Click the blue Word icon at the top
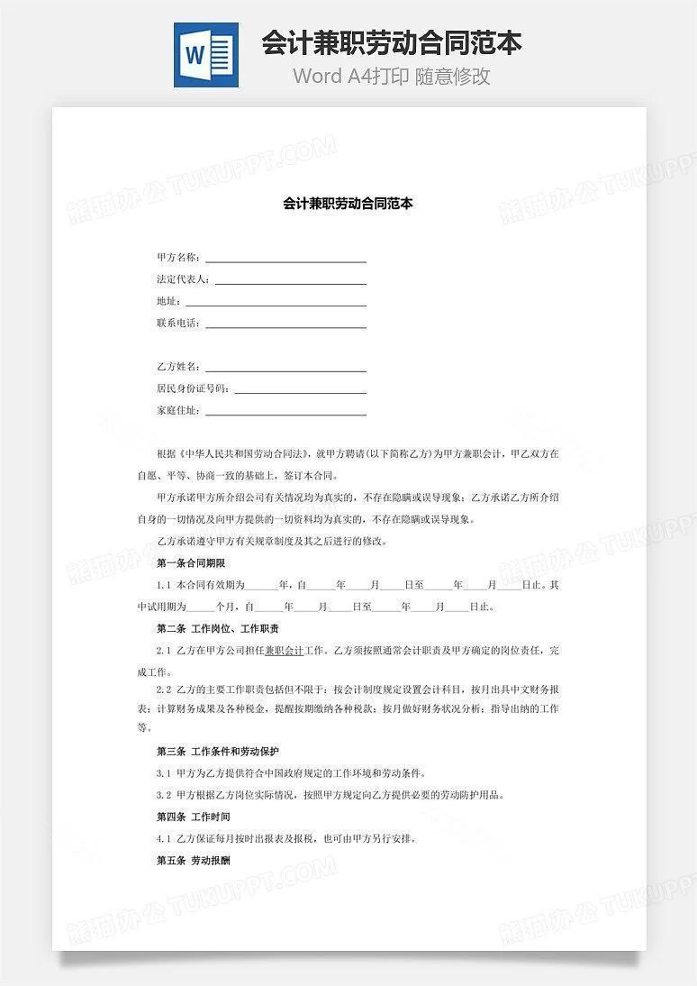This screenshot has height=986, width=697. pyautogui.click(x=206, y=55)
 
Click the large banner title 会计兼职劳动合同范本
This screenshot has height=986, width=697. pyautogui.click(x=392, y=42)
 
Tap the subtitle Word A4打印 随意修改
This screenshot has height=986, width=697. pyautogui.click(x=392, y=76)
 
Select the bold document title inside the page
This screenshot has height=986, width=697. pyautogui.click(x=348, y=205)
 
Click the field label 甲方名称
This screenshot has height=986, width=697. pyautogui.click(x=177, y=258)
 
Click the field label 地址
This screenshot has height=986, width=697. pyautogui.click(x=167, y=301)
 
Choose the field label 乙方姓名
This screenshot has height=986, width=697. pyautogui.click(x=177, y=367)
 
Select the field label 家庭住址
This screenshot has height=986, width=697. pyautogui.click(x=177, y=411)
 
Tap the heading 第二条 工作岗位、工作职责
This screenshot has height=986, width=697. pyautogui.click(x=217, y=628)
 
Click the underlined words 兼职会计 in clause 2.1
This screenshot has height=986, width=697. pyautogui.click(x=284, y=650)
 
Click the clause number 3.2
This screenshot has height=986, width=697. pyautogui.click(x=163, y=796)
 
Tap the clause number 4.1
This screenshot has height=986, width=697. pyautogui.click(x=163, y=839)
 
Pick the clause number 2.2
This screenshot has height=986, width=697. pyautogui.click(x=163, y=689)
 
